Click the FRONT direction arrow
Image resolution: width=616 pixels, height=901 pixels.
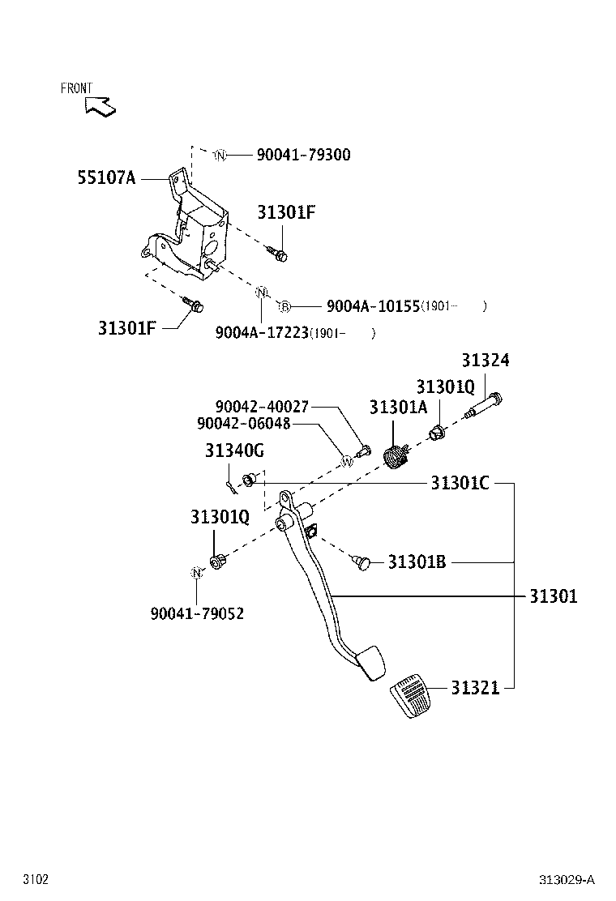click(x=100, y=105)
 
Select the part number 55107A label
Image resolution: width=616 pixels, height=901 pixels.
click(x=106, y=178)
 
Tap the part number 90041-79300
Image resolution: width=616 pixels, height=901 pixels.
click(x=303, y=155)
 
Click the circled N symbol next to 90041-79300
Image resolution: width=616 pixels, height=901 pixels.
click(x=220, y=155)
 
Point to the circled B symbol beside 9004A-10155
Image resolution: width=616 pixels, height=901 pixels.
click(x=284, y=306)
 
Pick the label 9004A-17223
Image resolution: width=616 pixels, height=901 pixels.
click(x=261, y=332)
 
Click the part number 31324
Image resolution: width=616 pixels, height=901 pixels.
click(x=486, y=361)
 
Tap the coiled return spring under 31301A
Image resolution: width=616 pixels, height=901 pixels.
click(x=395, y=455)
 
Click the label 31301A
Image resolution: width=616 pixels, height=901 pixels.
click(x=398, y=408)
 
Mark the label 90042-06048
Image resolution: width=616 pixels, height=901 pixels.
click(x=243, y=424)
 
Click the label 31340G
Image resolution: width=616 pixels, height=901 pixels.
click(x=234, y=450)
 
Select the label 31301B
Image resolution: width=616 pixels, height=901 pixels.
click(x=417, y=562)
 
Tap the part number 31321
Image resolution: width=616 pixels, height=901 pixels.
click(x=475, y=688)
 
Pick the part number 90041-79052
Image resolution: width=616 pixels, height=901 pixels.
click(x=197, y=613)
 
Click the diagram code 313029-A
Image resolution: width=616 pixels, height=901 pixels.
click(x=567, y=880)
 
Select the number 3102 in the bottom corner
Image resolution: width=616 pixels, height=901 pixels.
click(x=36, y=880)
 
